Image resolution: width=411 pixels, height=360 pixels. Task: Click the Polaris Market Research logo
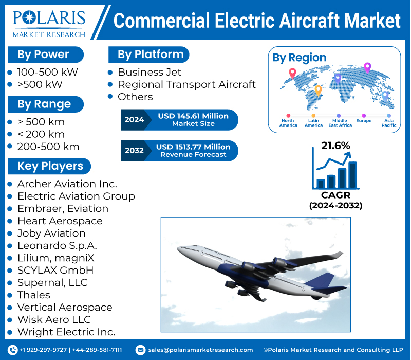click(x=49, y=22)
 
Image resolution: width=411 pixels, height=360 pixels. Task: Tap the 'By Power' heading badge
click(x=43, y=55)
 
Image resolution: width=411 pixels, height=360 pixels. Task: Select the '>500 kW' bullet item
click(x=40, y=84)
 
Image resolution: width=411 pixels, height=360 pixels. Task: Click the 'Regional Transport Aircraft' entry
click(x=186, y=84)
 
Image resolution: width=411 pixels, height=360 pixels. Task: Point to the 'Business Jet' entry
click(x=150, y=72)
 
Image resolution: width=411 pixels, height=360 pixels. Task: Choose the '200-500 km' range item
click(x=48, y=147)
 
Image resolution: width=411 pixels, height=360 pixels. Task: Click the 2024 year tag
click(x=134, y=120)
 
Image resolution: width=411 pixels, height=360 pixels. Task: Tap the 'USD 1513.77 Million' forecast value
click(x=193, y=147)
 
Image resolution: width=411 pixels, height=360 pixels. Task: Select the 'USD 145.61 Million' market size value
click(x=193, y=116)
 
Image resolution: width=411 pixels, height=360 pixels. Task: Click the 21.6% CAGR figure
click(x=335, y=146)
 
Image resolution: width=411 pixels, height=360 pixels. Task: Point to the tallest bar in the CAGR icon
click(x=352, y=175)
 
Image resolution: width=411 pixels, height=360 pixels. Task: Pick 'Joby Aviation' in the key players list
click(x=51, y=233)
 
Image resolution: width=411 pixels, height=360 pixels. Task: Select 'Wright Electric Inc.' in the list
click(x=66, y=332)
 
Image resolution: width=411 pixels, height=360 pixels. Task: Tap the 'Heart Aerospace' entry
click(x=60, y=221)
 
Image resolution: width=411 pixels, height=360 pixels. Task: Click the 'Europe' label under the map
click(x=364, y=121)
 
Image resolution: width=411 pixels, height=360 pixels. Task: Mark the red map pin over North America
click(x=292, y=73)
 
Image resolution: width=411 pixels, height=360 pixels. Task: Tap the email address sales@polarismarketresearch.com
click(x=200, y=350)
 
